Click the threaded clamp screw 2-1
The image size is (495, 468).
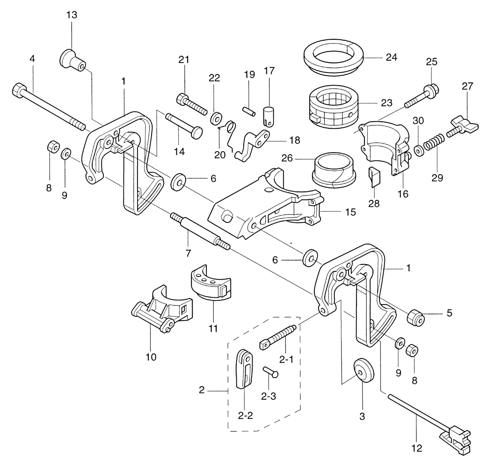coord(278,337)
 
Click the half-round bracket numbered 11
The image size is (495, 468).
coord(210,283)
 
